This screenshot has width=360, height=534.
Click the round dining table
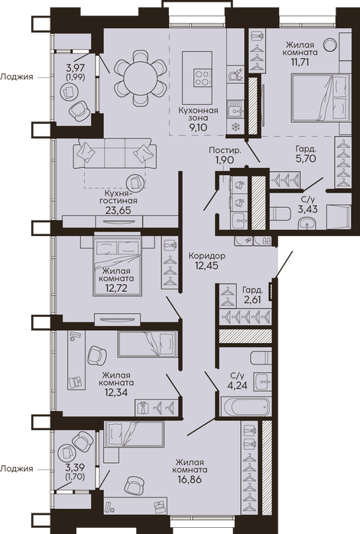click(x=141, y=78)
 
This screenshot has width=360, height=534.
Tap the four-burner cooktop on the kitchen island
click(x=202, y=78)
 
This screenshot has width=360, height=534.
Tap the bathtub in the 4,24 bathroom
click(x=245, y=406)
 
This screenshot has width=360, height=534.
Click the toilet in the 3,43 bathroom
click(x=280, y=213)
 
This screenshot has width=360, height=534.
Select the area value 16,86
click(x=190, y=480)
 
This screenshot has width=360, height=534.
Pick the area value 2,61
click(x=252, y=300)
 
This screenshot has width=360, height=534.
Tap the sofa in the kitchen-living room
click(x=115, y=154)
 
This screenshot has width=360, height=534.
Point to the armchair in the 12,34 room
click(x=97, y=355)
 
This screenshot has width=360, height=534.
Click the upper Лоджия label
click(x=17, y=77)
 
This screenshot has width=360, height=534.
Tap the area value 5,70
click(x=306, y=158)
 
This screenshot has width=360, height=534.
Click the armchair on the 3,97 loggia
click(x=79, y=110)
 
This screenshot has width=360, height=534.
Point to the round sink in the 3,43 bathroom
click(x=308, y=224)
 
